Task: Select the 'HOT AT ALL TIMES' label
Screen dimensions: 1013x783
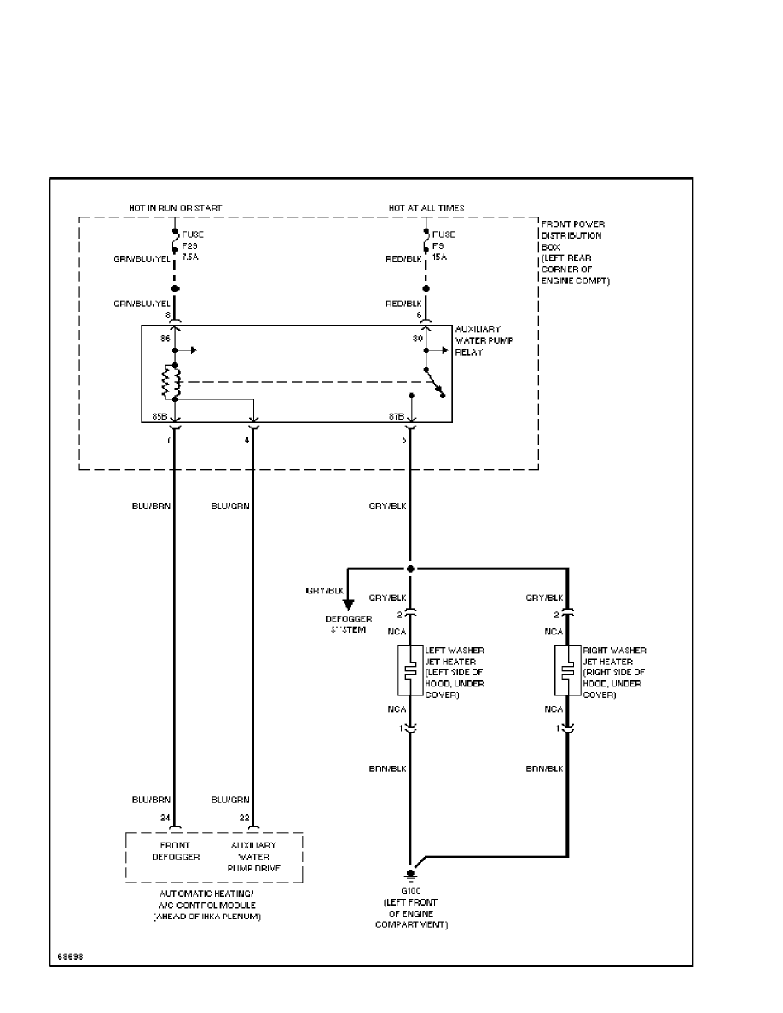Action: click(x=426, y=208)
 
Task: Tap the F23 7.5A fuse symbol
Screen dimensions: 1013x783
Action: click(x=175, y=245)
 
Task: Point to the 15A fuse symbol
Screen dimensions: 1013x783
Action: click(x=426, y=245)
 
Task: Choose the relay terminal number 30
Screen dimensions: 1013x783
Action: click(x=418, y=339)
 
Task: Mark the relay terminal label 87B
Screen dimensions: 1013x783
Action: click(x=396, y=417)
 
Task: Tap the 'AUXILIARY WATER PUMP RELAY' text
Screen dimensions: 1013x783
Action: click(x=478, y=339)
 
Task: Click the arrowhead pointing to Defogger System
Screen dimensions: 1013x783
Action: click(x=348, y=605)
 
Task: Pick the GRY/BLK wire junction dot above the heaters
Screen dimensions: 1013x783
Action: click(x=410, y=569)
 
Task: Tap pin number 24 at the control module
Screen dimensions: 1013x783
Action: click(x=165, y=817)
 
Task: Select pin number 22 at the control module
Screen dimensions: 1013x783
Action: click(x=244, y=817)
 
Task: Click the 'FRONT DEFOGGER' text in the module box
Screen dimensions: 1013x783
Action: click(x=176, y=851)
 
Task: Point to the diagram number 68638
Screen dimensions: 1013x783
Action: click(x=70, y=956)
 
